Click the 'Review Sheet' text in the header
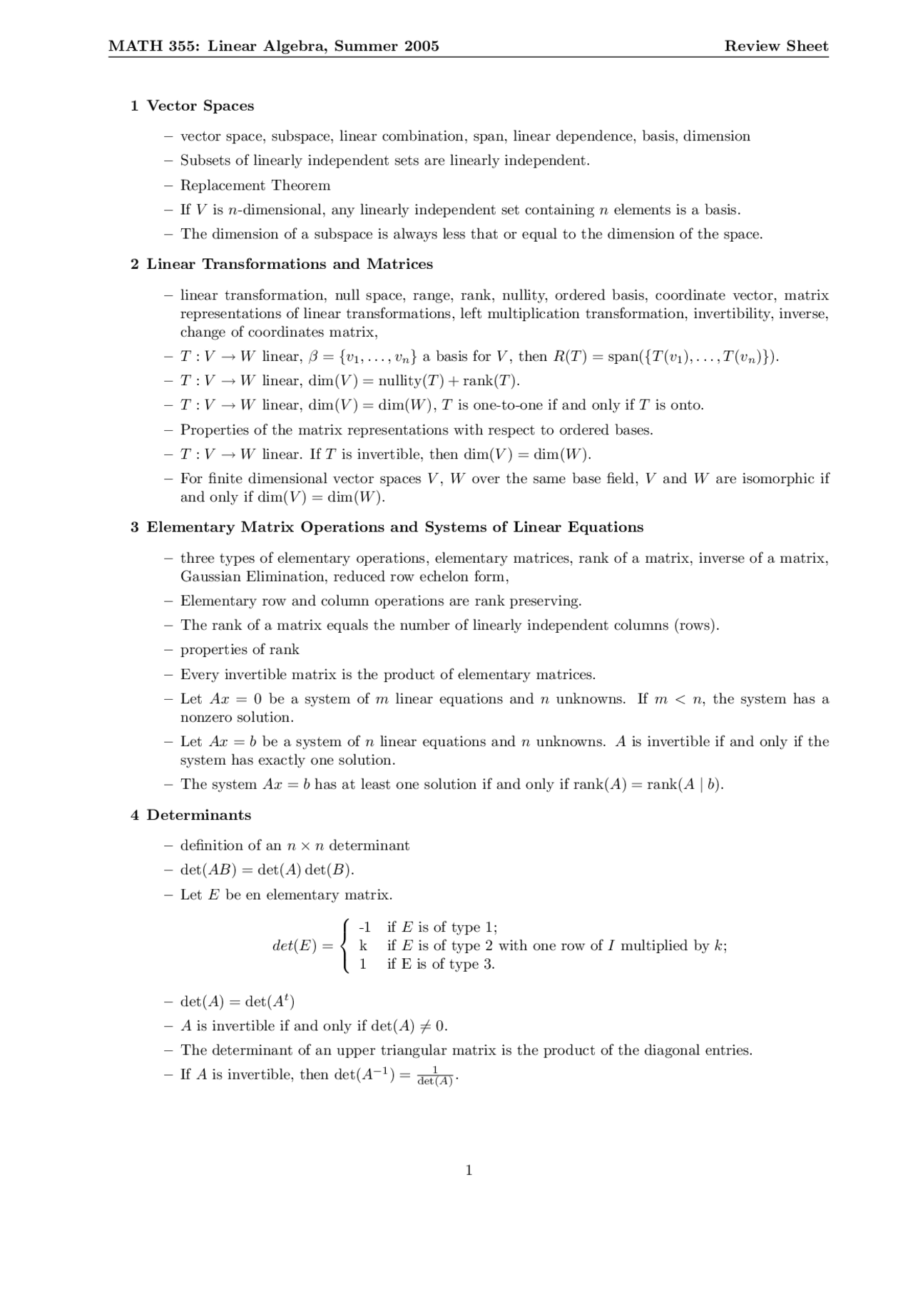coord(776,46)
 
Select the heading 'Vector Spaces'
coord(200,106)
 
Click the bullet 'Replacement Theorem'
coord(255,185)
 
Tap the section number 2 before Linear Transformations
coord(134,264)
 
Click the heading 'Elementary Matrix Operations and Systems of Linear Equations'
coord(394,527)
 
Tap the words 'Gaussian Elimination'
coord(253,576)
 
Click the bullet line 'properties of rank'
coord(240,650)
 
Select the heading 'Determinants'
coord(199,815)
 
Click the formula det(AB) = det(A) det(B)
coord(267,870)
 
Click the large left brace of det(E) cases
coord(345,946)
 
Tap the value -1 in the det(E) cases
coord(364,927)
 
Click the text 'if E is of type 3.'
coord(440,965)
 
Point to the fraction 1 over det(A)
coord(435,1077)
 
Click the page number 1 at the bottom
coord(469,1171)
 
